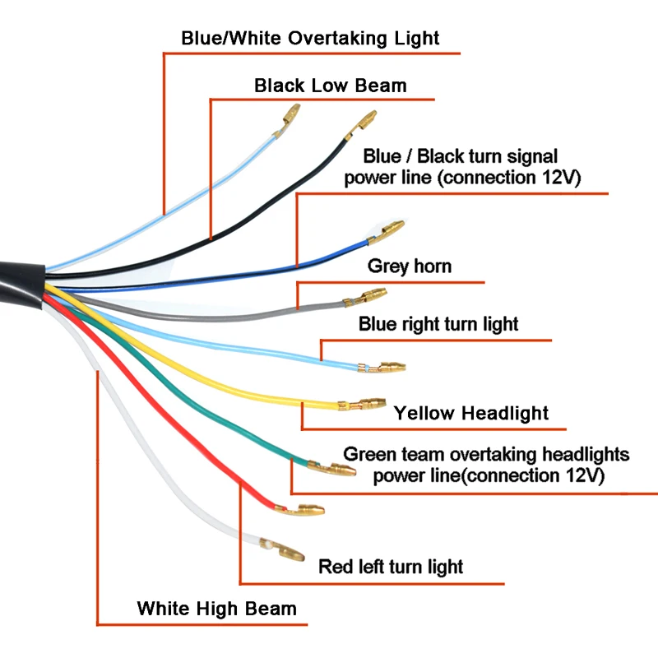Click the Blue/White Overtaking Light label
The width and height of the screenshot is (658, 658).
310,38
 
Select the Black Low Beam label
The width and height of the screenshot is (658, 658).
330,85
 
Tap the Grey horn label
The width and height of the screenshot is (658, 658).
409,266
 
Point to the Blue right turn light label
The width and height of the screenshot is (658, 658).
438,324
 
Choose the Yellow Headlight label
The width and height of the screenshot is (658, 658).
470,412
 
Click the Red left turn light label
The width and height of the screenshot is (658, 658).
391,567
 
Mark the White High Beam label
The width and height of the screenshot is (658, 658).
216,609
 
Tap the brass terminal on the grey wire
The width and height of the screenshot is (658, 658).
373,294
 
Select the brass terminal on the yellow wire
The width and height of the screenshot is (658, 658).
366,404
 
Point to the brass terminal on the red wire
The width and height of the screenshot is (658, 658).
306,512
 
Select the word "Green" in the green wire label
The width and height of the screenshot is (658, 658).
369,454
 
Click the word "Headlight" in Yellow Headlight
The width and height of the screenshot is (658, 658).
502,412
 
